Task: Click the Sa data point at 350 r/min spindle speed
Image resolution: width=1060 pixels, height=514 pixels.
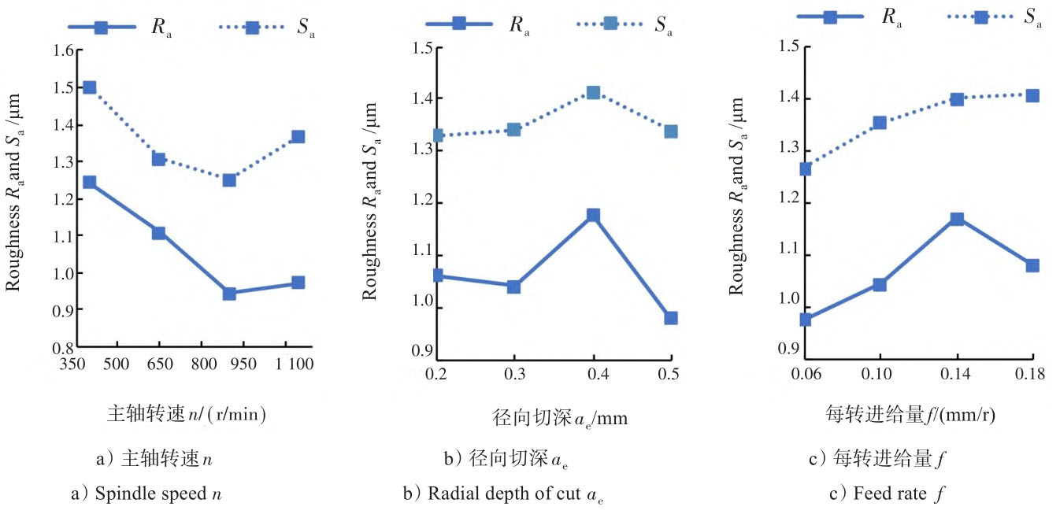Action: point(89,87)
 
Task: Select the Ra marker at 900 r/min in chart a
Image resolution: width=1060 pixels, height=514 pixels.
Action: point(229,294)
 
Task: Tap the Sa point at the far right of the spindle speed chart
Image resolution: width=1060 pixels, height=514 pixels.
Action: point(298,137)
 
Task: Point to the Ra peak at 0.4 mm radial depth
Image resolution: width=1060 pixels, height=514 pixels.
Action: point(593,215)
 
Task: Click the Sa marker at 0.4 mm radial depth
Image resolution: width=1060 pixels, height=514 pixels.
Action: point(593,93)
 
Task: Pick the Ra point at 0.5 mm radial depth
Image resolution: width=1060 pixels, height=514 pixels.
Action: point(670,318)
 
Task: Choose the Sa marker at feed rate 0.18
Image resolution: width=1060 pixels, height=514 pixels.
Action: point(1032,96)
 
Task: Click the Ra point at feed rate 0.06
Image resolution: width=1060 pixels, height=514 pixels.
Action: point(805,320)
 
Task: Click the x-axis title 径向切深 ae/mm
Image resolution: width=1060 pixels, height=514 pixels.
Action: point(548,417)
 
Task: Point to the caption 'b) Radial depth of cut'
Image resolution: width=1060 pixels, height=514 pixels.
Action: point(504,494)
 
